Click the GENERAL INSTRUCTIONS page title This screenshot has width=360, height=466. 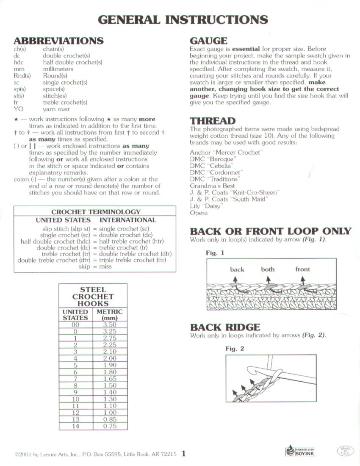tap(183, 20)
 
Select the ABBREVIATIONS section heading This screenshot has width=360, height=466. tap(58, 41)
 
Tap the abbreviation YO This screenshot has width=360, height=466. tap(18, 109)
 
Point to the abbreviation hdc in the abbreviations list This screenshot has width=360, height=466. tap(19, 62)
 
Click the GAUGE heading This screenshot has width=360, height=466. tap(208, 41)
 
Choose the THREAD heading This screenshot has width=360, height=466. tap(213, 121)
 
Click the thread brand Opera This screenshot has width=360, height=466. tap(199, 213)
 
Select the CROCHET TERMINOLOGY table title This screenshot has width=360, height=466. tap(96, 212)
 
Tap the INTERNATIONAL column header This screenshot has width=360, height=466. tap(127, 220)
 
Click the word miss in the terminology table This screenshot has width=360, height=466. tap(105, 267)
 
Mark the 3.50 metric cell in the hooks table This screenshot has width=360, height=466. tap(110, 325)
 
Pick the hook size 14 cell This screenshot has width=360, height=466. tap(75, 426)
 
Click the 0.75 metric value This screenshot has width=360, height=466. tap(110, 426)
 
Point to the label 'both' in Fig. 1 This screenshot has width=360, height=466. tap(268, 269)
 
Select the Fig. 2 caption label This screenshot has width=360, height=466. tap(235, 349)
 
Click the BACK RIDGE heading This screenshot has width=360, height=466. tap(225, 327)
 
